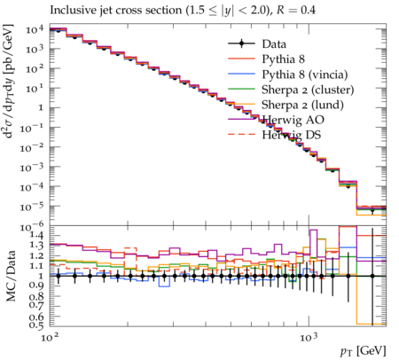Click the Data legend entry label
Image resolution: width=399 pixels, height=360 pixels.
(x=274, y=44)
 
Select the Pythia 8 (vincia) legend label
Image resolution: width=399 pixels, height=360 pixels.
(x=305, y=74)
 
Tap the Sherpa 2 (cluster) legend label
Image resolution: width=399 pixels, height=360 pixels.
(x=308, y=90)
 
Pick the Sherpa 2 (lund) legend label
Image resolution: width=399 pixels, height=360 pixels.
(x=302, y=105)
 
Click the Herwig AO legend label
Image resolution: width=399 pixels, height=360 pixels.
(x=293, y=120)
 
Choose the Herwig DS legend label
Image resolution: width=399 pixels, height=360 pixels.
(x=292, y=135)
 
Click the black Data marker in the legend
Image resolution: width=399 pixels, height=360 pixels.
(x=241, y=43)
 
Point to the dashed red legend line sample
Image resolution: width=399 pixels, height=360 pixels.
(x=241, y=135)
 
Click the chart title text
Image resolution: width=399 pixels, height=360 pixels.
(x=183, y=11)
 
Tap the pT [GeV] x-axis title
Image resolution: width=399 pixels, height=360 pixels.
(x=364, y=351)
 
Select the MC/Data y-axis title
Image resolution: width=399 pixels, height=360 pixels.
(x=11, y=276)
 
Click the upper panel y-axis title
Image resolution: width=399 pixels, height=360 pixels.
(x=9, y=82)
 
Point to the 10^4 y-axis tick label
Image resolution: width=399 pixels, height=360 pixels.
(x=35, y=29)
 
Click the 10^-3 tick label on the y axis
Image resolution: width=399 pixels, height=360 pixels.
(x=32, y=168)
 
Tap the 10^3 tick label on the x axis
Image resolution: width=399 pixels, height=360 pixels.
(x=309, y=337)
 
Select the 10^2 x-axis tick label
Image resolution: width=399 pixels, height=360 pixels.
(x=50, y=337)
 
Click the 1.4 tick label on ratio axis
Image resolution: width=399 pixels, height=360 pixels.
(x=36, y=236)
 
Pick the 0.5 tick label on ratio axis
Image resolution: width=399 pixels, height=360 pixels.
(x=36, y=325)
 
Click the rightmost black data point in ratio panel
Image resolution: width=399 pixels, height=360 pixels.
(x=372, y=276)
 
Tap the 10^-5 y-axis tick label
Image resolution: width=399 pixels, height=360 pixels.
(x=32, y=207)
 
